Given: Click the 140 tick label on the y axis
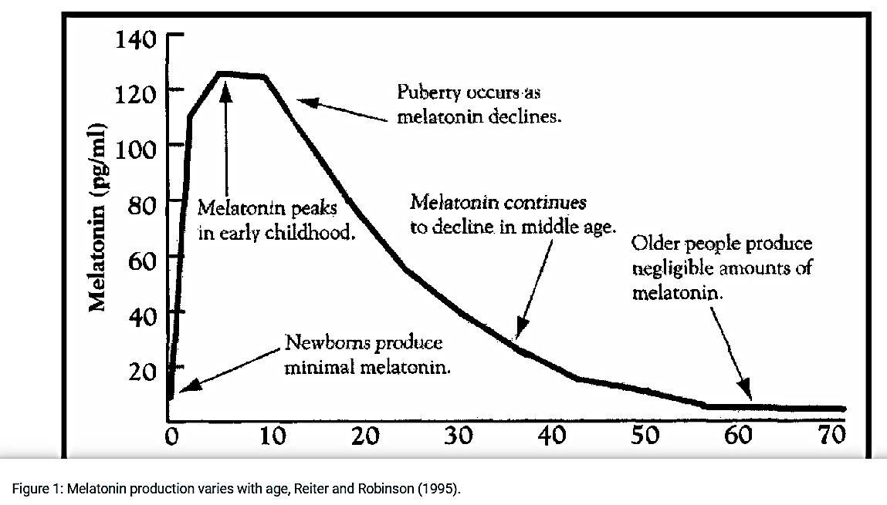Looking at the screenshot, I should click(136, 38).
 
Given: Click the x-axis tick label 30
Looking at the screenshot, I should click(458, 436).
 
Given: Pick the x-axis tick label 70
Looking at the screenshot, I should click(831, 436).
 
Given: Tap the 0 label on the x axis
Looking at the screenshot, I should click(172, 436).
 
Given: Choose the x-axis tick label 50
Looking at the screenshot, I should click(645, 436).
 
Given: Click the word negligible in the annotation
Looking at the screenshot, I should click(672, 268).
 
